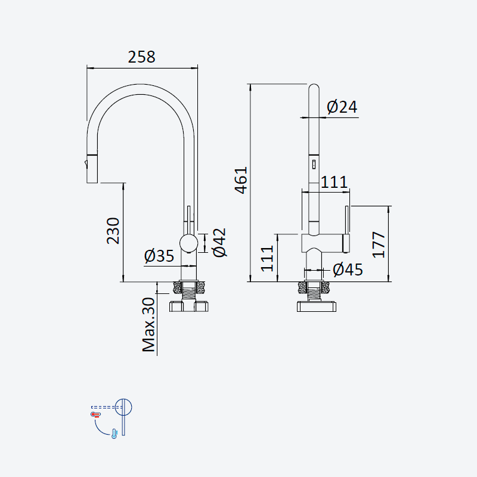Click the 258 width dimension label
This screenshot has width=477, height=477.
click(x=141, y=57)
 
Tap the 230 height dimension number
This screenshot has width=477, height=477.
click(x=113, y=231)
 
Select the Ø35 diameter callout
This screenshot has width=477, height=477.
click(x=159, y=256)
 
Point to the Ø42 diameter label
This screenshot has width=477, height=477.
click(x=219, y=243)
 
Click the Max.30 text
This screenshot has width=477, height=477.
click(x=148, y=325)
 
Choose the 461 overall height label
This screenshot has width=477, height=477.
click(x=241, y=180)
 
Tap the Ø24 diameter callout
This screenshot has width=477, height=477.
click(x=342, y=107)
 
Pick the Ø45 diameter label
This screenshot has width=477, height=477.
click(x=348, y=270)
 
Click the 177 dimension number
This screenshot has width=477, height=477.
click(x=379, y=245)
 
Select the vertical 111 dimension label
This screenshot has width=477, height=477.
click(x=267, y=259)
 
